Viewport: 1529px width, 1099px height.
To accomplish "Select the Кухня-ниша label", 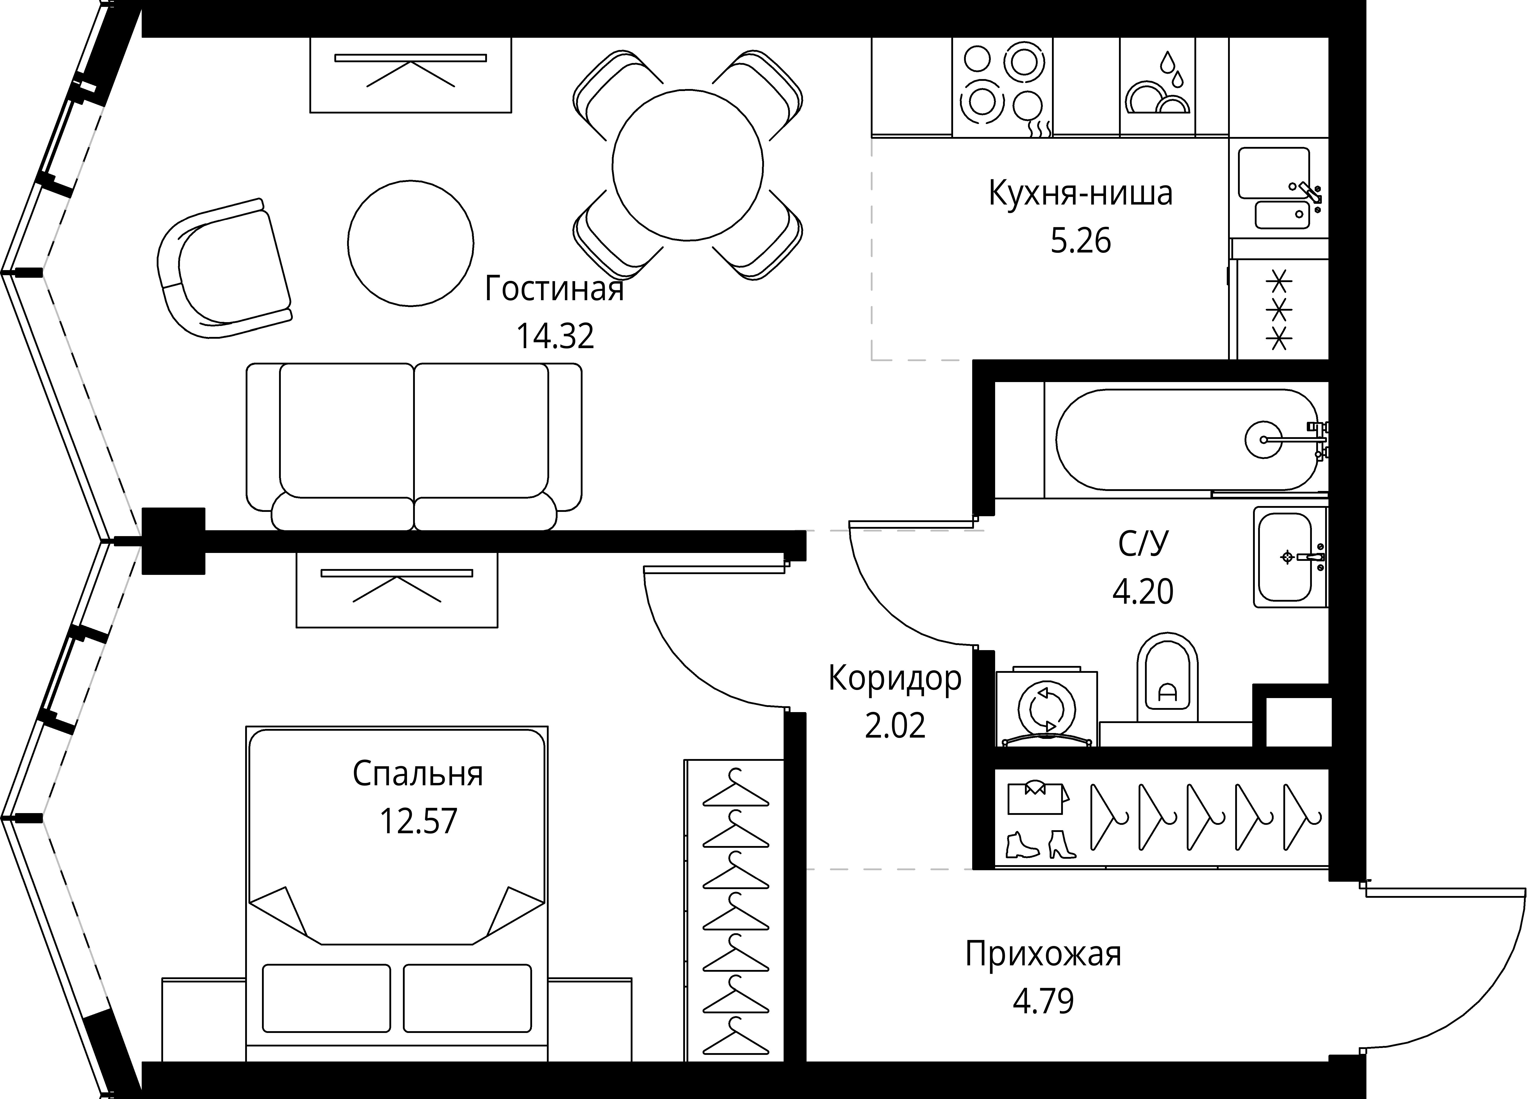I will click(x=1081, y=194).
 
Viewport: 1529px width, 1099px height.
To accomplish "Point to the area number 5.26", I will click(x=1081, y=241).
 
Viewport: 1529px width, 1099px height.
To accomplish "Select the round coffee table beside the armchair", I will click(x=411, y=243).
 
